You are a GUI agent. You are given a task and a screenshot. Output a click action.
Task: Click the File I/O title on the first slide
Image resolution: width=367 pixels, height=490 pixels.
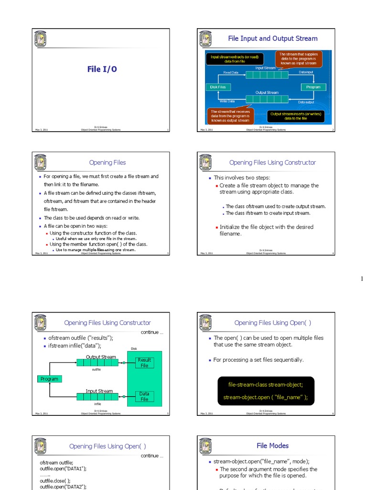point(102,69)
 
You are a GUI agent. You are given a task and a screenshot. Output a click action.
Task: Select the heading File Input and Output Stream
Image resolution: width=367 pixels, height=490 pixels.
point(272,38)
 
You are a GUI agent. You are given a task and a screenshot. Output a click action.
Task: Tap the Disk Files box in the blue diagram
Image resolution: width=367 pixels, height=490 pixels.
point(218,87)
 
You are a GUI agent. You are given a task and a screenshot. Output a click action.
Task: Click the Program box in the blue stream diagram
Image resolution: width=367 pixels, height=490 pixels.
point(313,87)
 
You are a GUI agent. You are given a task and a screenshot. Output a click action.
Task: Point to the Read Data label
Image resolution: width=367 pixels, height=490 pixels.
point(231,73)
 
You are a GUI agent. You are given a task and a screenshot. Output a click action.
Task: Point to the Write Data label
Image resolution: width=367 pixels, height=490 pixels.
point(227,101)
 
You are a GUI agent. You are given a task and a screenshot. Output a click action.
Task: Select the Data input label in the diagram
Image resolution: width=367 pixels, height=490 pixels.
point(306,72)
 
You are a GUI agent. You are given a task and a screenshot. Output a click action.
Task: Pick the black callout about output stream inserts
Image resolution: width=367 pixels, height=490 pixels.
point(296,116)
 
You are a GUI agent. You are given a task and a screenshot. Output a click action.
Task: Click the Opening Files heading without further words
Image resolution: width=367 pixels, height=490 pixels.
point(108,163)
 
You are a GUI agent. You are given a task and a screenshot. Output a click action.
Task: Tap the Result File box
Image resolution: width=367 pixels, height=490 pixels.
point(144,363)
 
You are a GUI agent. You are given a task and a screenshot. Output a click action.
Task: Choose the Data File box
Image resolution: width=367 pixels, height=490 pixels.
point(144,397)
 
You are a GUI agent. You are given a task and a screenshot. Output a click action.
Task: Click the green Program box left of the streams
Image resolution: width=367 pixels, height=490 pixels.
point(49,379)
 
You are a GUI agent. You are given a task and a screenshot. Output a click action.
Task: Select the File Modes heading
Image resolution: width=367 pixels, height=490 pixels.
point(272,445)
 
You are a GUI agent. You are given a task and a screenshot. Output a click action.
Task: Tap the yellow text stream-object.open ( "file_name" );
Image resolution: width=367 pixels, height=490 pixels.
point(265,397)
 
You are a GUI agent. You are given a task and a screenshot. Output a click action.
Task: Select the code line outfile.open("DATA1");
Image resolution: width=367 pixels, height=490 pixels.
point(63,469)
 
